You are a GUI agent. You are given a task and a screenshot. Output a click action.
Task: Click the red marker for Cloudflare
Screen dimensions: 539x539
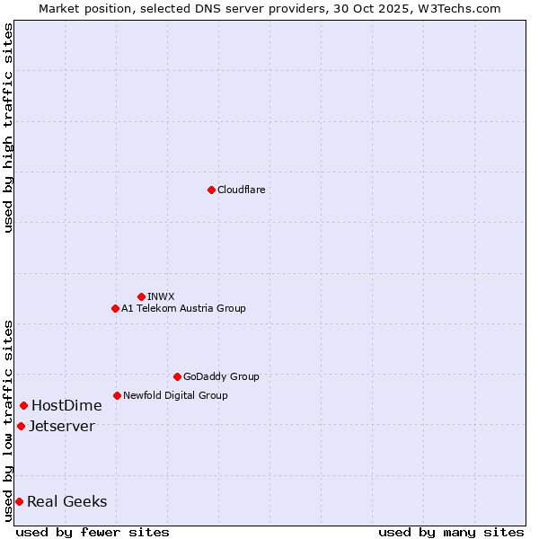(x=211, y=190)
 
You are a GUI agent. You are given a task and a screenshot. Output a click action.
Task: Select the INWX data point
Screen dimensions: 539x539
(x=141, y=296)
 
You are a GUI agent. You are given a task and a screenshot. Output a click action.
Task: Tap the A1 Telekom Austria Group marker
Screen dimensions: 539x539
(x=115, y=308)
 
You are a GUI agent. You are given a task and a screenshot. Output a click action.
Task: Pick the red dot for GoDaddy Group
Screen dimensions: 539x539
(x=177, y=376)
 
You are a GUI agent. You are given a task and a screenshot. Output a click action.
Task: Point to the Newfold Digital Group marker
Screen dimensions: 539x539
(x=117, y=395)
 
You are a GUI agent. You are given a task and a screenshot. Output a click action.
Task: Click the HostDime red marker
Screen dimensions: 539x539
(x=23, y=405)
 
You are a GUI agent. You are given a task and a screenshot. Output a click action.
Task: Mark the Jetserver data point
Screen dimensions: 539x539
(x=21, y=426)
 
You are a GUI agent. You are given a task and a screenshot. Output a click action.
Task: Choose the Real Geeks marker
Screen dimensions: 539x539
(x=19, y=501)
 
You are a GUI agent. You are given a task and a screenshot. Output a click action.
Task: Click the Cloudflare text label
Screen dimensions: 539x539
(x=241, y=190)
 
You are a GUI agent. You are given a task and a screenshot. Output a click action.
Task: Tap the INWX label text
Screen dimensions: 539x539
(x=161, y=296)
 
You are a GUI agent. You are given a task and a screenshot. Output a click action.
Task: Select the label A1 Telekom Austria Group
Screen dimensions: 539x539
(x=183, y=308)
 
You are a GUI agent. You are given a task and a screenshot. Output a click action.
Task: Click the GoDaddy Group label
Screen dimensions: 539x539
(x=221, y=376)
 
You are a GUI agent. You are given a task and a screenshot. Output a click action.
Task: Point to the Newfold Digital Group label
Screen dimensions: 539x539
(x=175, y=395)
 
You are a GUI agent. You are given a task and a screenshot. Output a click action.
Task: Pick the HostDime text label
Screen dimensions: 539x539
(x=66, y=405)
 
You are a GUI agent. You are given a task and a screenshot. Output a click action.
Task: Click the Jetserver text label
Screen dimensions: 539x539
(x=61, y=426)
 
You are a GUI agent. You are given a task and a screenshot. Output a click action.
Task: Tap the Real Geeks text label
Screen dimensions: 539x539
(x=66, y=501)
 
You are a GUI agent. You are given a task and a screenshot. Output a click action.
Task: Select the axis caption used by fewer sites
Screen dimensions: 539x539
(x=93, y=532)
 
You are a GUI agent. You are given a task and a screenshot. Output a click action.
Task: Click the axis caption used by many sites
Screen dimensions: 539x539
(x=451, y=532)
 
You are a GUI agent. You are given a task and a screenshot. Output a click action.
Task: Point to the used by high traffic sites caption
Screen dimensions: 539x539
(x=8, y=128)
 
